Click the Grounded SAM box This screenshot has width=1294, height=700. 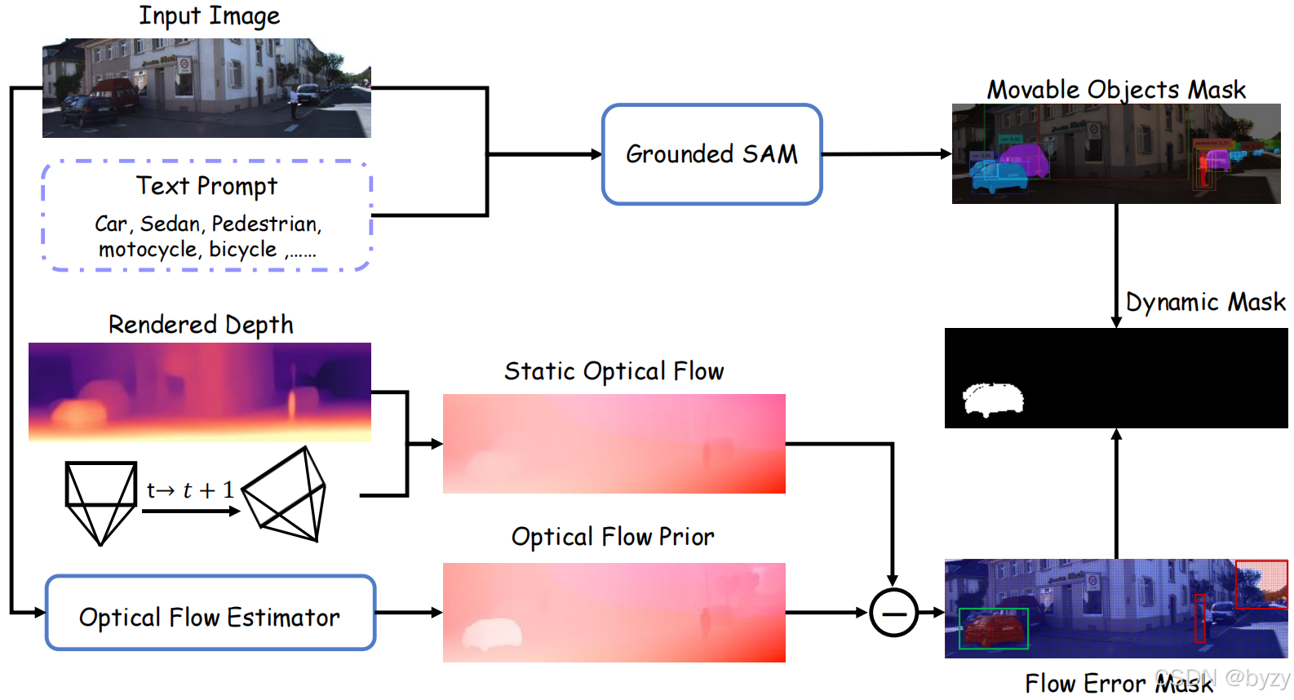711,154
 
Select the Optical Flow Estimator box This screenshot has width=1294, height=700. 210,614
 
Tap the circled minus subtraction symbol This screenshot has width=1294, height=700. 893,612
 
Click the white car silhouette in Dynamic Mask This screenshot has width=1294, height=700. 993,399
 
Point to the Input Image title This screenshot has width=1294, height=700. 209,16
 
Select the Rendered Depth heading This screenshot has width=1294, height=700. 201,325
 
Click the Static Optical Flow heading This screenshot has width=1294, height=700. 614,371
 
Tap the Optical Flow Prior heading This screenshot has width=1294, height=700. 613,537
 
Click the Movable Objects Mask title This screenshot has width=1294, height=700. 1116,89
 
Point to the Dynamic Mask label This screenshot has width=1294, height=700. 1205,302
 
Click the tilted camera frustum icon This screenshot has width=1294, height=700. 286,495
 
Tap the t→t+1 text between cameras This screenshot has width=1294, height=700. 190,490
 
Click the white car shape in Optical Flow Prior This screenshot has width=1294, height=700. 493,634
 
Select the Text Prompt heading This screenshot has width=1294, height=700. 206,186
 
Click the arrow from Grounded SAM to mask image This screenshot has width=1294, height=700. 886,154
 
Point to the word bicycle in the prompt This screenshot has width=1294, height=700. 242,250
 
